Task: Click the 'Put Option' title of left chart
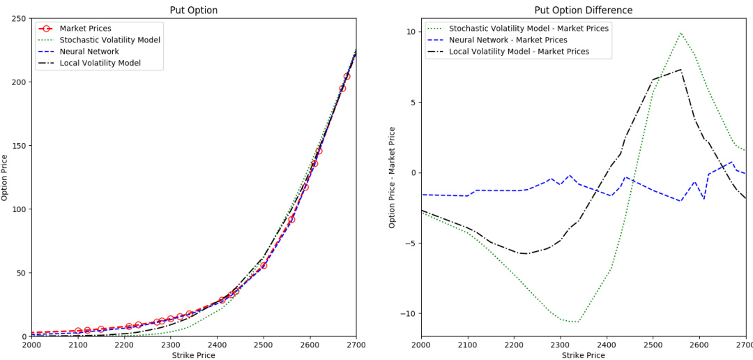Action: pos(194,10)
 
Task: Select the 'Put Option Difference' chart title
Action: pos(583,10)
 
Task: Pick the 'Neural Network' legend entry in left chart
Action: pos(89,52)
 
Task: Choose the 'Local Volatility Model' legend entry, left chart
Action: pos(100,63)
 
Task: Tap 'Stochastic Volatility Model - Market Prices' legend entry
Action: pos(528,29)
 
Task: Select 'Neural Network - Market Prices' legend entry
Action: pos(508,40)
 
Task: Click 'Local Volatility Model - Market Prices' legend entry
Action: pos(519,52)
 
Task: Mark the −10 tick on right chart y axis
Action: pos(406,313)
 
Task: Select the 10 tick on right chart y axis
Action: pos(409,32)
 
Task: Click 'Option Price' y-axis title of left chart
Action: pos(6,177)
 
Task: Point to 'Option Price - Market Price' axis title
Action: pos(393,177)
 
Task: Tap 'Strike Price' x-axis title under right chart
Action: pos(583,355)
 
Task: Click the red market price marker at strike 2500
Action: pos(264,266)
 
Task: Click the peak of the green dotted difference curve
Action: pos(680,33)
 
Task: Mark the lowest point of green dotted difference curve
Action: pos(576,322)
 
